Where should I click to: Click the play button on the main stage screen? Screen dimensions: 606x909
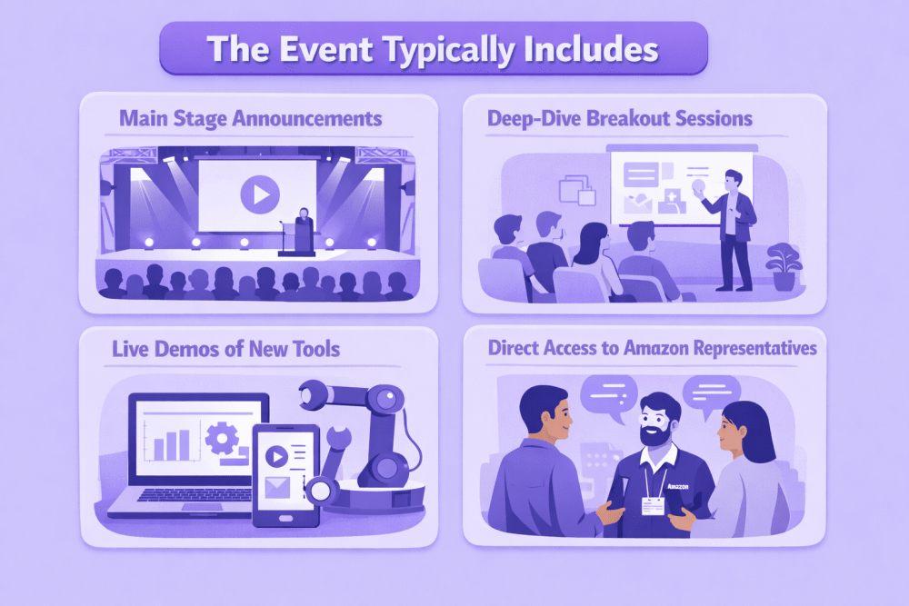258,194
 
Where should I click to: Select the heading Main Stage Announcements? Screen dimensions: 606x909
251,118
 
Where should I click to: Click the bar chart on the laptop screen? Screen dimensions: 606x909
172,444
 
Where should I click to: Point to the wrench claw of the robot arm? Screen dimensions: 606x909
319,397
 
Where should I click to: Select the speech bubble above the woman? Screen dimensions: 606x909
712,392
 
